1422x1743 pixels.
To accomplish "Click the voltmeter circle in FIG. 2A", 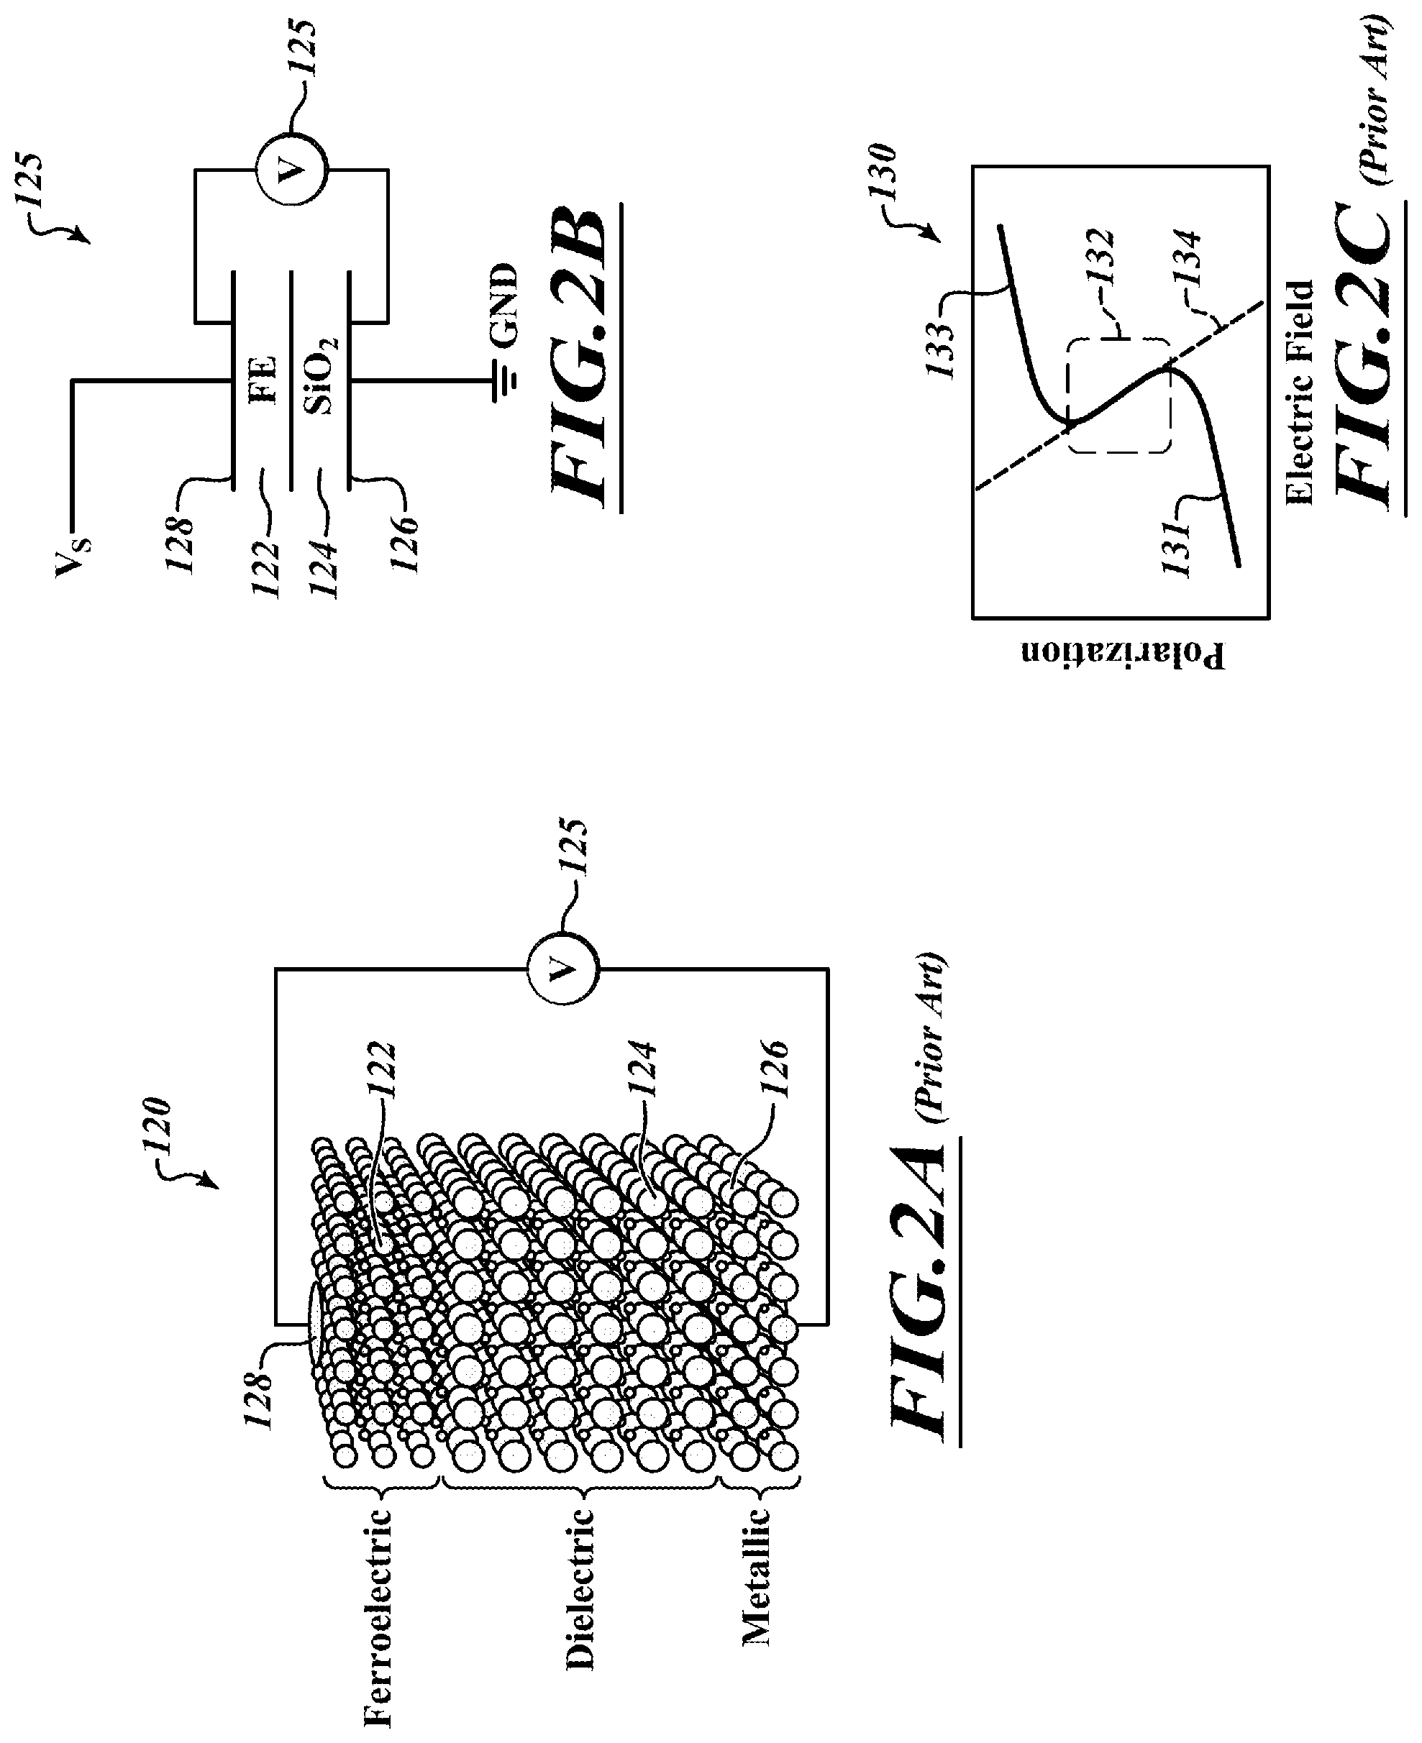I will (x=562, y=969).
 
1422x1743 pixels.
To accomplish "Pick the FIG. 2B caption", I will (x=583, y=358).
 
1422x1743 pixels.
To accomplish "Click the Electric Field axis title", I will (x=1300, y=393).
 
